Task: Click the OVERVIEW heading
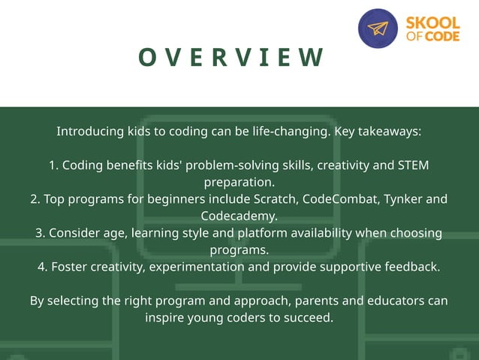point(231,57)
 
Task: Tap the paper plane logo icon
point(378,29)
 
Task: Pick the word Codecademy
point(238,216)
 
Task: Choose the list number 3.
point(40,233)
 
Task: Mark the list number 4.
point(42,267)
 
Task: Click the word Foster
point(69,267)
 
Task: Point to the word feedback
point(412,267)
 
